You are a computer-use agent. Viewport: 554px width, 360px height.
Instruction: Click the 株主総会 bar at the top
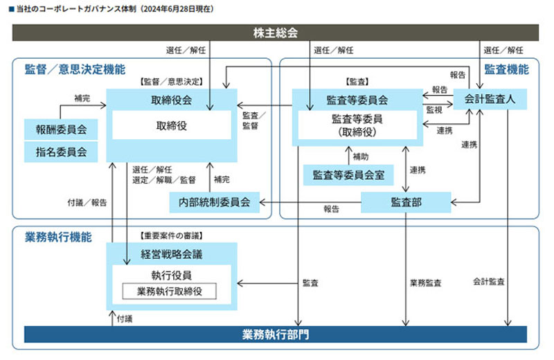pos(276,33)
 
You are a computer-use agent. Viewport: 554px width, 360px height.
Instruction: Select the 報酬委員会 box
pos(61,129)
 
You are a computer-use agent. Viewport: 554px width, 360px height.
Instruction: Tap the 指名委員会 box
pos(61,151)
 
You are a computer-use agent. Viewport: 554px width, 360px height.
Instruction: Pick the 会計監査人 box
pos(490,98)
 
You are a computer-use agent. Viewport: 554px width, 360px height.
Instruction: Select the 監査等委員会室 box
pos(348,175)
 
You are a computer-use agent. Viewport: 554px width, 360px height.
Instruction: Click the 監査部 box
pos(406,201)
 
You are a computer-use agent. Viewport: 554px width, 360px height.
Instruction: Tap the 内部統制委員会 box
pos(215,202)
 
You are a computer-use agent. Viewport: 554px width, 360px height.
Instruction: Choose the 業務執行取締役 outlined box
pos(170,291)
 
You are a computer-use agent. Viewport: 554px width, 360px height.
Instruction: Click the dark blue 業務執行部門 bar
pos(276,334)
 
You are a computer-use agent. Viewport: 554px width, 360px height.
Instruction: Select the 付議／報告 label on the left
pos(87,203)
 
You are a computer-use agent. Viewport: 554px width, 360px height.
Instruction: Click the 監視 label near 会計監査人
pos(434,109)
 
